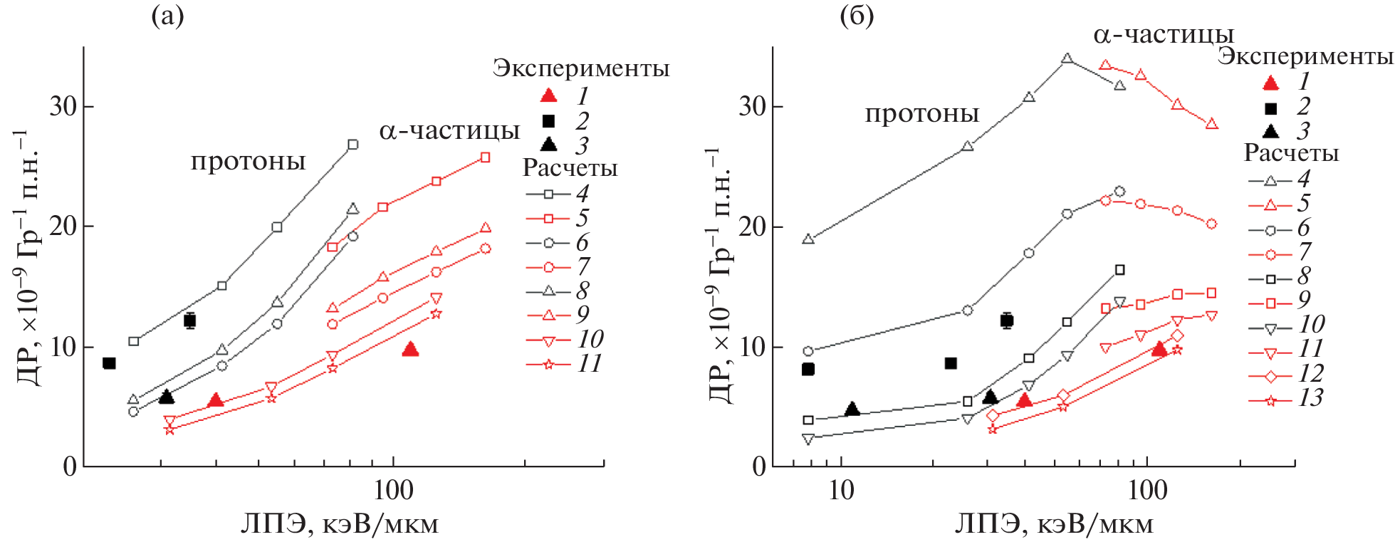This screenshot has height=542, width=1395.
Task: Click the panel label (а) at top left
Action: [x=167, y=16]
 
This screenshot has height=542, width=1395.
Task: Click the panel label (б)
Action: [x=857, y=16]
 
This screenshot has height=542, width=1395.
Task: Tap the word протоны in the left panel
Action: [x=248, y=162]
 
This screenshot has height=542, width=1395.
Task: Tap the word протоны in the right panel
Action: [x=921, y=114]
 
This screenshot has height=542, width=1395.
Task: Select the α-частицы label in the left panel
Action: [x=449, y=130]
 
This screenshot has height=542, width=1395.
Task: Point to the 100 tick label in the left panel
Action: [x=393, y=491]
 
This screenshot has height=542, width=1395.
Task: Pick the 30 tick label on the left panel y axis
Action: [x=63, y=107]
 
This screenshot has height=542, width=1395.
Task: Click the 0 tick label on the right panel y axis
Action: [x=758, y=467]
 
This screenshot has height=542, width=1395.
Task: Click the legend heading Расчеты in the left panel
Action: [x=570, y=168]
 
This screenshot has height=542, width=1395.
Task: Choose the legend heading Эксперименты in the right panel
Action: [x=1305, y=56]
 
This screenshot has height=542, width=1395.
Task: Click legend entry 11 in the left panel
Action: [x=589, y=363]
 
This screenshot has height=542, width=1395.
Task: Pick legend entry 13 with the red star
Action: [x=1310, y=397]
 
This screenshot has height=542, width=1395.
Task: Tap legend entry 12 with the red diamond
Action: [x=1310, y=373]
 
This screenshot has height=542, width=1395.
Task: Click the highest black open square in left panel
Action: [x=352, y=145]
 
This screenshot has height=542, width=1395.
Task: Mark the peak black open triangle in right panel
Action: [x=1067, y=58]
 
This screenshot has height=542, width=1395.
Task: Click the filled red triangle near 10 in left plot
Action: [x=410, y=349]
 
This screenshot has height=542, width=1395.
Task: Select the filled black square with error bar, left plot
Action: [x=189, y=320]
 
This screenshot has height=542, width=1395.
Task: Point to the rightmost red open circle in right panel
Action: [x=1211, y=224]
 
